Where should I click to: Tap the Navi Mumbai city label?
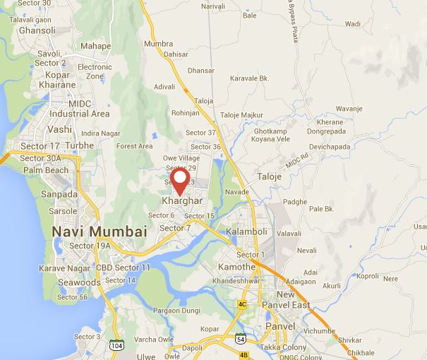click(99, 232)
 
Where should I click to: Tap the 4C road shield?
click(242, 305)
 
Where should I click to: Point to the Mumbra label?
click(158, 44)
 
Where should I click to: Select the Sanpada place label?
click(59, 194)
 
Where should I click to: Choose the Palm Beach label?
click(48, 170)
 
